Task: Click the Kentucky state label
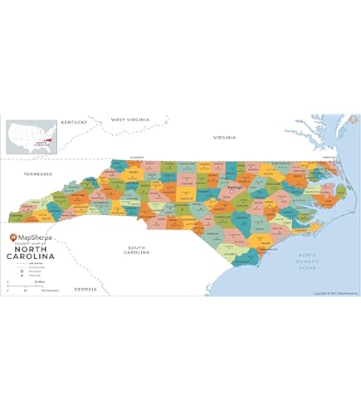(x=74, y=123)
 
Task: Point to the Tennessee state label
(x=37, y=174)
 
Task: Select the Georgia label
(x=85, y=289)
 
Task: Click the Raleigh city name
(x=235, y=188)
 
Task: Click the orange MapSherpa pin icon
(x=13, y=237)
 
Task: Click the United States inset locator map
(x=32, y=137)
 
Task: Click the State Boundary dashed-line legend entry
(x=11, y=263)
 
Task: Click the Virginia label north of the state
(x=224, y=137)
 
